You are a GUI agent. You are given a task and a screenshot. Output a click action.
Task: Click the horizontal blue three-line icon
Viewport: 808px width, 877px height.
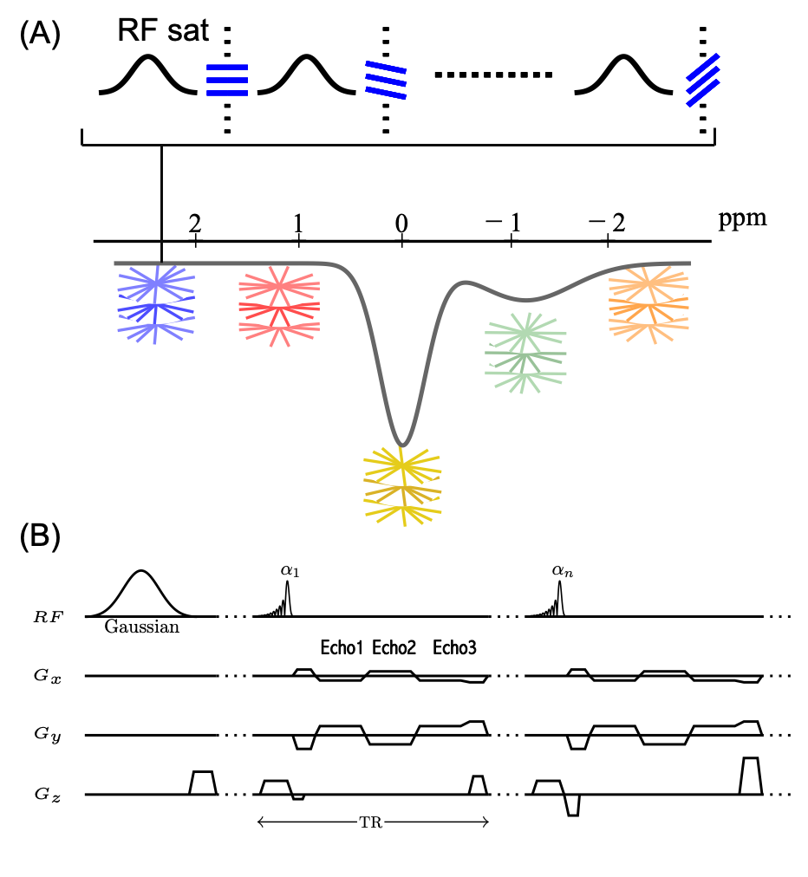(227, 80)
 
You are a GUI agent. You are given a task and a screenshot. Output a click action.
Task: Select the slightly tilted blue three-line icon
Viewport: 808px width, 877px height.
(386, 80)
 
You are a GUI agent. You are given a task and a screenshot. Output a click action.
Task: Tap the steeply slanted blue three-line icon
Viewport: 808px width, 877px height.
(703, 80)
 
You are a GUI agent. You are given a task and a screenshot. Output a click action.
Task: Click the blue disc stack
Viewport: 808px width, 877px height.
(156, 304)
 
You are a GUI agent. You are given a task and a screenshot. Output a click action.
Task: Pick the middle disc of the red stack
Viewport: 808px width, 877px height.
(279, 307)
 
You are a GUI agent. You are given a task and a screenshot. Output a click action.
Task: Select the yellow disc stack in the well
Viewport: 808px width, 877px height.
(402, 486)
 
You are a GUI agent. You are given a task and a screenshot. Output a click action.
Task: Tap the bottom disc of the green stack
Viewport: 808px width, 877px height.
(525, 375)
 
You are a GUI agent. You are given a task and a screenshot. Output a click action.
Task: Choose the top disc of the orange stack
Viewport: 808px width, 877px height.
(648, 283)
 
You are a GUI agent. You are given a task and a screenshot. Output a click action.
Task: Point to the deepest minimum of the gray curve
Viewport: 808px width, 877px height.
(402, 445)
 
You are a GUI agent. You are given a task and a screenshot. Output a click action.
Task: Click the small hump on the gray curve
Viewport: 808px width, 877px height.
(466, 283)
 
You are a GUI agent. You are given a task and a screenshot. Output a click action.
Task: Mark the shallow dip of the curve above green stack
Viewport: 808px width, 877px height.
(525, 300)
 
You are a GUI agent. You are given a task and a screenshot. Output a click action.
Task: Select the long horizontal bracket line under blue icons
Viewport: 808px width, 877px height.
(398, 145)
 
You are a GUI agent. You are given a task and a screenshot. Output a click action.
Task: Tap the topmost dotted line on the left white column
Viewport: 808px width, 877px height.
(234, 616)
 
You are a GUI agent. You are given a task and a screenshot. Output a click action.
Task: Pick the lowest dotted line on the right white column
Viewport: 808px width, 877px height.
(506, 794)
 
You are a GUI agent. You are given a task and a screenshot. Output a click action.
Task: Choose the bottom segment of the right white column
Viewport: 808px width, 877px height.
(506, 827)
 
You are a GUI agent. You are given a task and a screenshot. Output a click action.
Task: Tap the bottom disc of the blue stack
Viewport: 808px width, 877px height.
(156, 326)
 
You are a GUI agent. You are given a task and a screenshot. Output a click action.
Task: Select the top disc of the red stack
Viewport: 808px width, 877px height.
(279, 283)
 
